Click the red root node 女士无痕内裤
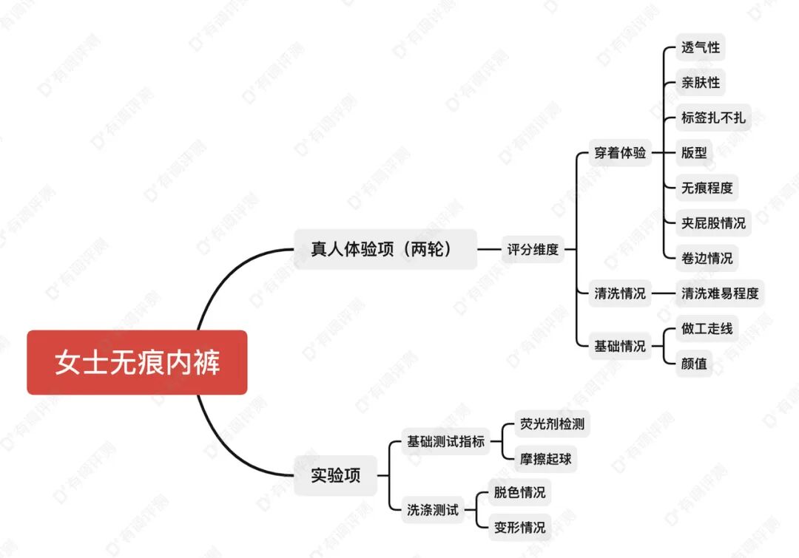[x=137, y=363]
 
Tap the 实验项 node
[x=336, y=476]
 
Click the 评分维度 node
[x=533, y=249]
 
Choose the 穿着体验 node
[x=620, y=153]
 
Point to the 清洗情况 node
[x=620, y=293]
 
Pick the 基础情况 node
[x=620, y=346]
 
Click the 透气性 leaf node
[x=700, y=47]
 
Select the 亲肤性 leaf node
[x=700, y=82]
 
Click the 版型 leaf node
[x=694, y=153]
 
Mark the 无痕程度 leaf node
[x=707, y=188]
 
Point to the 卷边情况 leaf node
[x=707, y=258]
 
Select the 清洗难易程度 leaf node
[x=720, y=293]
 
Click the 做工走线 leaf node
[x=707, y=328]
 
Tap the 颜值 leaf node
[x=694, y=363]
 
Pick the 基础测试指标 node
[x=446, y=441]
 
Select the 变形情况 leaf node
[x=520, y=527]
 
